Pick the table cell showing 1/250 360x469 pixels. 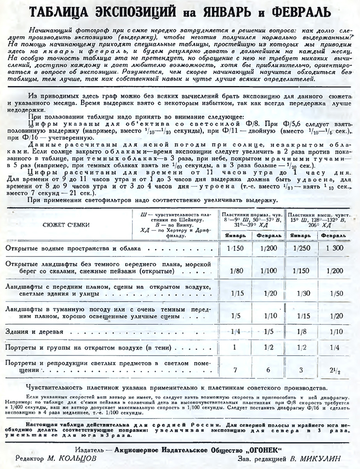301,249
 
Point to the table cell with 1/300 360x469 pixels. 333,249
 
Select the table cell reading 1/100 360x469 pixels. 269,271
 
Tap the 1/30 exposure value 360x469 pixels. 301,294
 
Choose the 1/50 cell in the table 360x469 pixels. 333,294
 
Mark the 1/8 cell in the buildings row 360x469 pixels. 301,332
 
